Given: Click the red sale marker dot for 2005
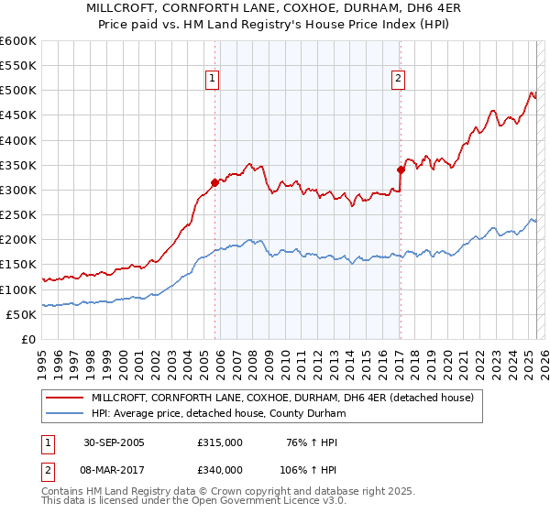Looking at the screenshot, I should pyautogui.click(x=215, y=182).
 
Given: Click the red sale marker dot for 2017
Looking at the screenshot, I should pyautogui.click(x=401, y=169).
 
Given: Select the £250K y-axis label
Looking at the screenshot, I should pyautogui.click(x=18, y=215).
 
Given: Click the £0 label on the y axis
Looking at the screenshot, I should pyautogui.click(x=27, y=340).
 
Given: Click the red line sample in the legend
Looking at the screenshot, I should pyautogui.click(x=64, y=398).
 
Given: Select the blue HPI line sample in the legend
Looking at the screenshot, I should pyautogui.click(x=64, y=414).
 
